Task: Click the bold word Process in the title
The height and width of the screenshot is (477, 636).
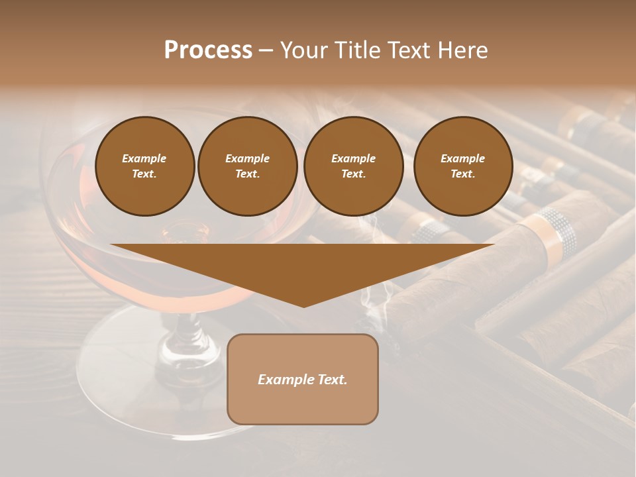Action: coord(208,50)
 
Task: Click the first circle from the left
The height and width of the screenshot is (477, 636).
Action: coord(144,166)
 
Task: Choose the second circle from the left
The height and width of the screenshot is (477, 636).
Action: coord(248,166)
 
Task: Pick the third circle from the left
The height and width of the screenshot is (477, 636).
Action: coord(353,166)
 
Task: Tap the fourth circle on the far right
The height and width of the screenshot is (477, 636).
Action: coord(463,166)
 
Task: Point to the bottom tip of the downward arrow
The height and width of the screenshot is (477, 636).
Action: coord(303,306)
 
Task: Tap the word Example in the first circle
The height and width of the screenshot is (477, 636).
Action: coord(144,158)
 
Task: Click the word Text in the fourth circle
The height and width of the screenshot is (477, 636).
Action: coord(462,174)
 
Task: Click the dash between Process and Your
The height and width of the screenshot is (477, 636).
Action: coord(266,51)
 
